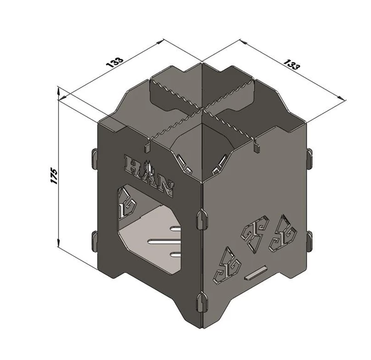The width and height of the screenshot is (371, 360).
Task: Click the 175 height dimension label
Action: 54,176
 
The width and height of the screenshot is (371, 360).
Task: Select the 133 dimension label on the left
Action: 115,62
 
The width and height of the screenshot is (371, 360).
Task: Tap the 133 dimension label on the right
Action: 291,64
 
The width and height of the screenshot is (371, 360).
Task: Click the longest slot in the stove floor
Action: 164,242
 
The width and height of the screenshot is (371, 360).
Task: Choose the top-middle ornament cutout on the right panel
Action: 255,234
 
